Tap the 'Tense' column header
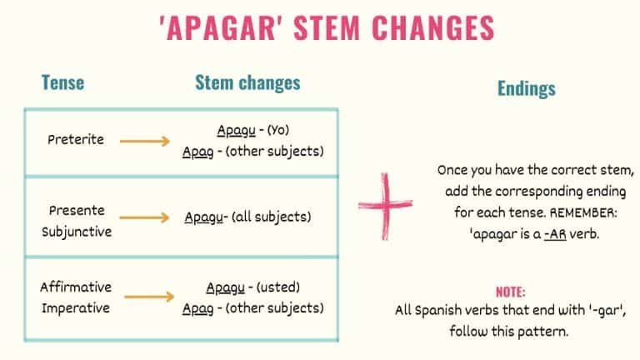pyautogui.click(x=62, y=83)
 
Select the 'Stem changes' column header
pyautogui.click(x=247, y=82)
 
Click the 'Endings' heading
pyautogui.click(x=526, y=88)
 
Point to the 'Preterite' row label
pyautogui.click(x=76, y=139)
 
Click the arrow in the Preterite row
pyautogui.click(x=146, y=141)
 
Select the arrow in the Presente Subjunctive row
pyautogui.click(x=146, y=217)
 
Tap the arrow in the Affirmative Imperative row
pyautogui.click(x=146, y=297)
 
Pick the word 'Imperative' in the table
pyautogui.click(x=76, y=307)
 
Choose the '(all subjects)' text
pyautogui.click(x=271, y=217)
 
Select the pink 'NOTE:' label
pyautogui.click(x=510, y=292)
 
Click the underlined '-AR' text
pyautogui.click(x=551, y=234)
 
